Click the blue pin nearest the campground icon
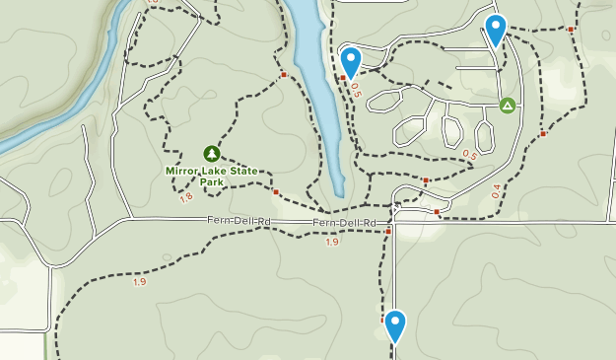(x=496, y=30)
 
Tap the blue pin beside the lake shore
(x=350, y=60)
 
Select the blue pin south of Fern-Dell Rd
(x=395, y=324)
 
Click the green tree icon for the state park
(x=211, y=153)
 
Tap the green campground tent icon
(x=507, y=105)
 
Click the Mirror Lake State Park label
(x=212, y=176)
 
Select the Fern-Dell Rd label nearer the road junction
(x=345, y=223)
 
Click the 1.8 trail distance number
(x=186, y=198)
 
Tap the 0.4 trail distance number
(x=496, y=192)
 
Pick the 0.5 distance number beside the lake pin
(x=355, y=89)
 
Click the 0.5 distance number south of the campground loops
(x=469, y=155)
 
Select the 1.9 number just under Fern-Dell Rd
(x=330, y=242)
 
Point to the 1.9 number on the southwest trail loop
(x=139, y=282)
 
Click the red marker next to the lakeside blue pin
(x=342, y=77)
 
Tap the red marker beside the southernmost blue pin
(x=383, y=320)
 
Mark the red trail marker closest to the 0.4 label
(x=542, y=133)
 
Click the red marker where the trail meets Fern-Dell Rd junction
(x=388, y=232)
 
